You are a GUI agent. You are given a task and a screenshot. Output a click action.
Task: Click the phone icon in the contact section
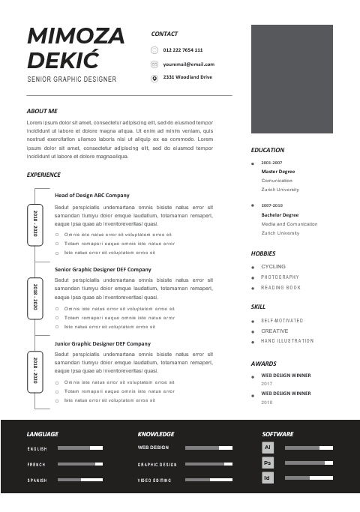[154, 50]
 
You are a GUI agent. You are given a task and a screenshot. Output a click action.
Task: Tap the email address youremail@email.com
[188, 64]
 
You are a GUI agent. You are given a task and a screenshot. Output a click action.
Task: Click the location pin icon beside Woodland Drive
[154, 78]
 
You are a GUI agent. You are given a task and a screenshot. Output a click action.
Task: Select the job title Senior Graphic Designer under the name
[72, 79]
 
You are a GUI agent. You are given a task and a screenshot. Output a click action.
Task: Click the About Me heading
[42, 111]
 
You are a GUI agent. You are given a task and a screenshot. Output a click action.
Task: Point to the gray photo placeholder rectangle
[292, 77]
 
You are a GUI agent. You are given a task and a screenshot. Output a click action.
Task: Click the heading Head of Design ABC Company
[91, 195]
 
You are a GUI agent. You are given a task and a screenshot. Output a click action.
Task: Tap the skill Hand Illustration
[287, 341]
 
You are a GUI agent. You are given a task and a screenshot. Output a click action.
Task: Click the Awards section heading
[263, 364]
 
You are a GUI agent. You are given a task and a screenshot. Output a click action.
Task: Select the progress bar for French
[80, 464]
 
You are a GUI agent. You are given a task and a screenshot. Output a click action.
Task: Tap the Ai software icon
[267, 448]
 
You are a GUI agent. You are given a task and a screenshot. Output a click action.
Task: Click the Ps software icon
[267, 463]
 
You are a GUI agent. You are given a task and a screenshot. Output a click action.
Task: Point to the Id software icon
[267, 478]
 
